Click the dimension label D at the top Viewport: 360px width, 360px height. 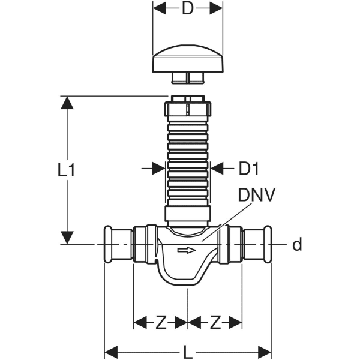click(x=188, y=10)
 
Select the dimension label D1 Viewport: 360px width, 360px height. click(x=248, y=170)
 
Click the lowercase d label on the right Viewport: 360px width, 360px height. click(x=296, y=244)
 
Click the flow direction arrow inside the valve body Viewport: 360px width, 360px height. click(x=188, y=250)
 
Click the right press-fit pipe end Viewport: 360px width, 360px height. click(x=258, y=244)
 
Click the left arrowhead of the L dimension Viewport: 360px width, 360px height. click(x=112, y=350)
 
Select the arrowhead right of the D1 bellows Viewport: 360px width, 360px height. click(x=217, y=169)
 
